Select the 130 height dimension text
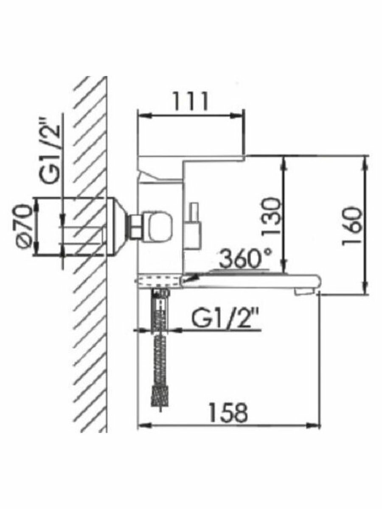pyautogui.click(x=272, y=216)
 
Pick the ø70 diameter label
pyautogui.click(x=25, y=227)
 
